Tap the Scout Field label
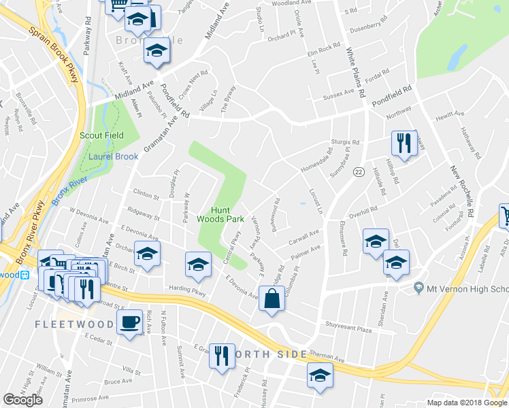click(x=101, y=135)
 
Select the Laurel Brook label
click(x=113, y=156)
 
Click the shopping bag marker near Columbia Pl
click(x=272, y=300)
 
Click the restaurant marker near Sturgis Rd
click(x=404, y=144)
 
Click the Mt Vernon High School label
click(x=466, y=289)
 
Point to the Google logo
click(x=22, y=400)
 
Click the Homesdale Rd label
click(x=316, y=163)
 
